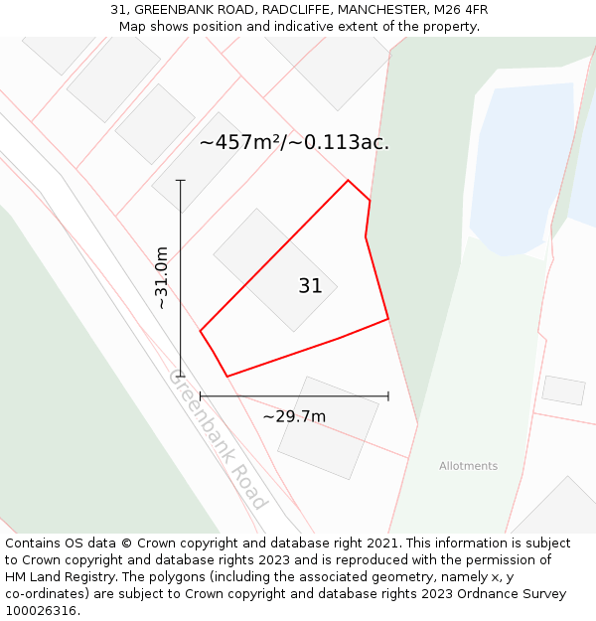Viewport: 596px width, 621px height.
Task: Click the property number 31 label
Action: [x=310, y=286]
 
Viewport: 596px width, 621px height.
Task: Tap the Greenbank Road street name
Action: [x=218, y=439]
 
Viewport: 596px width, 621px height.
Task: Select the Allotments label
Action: [x=468, y=466]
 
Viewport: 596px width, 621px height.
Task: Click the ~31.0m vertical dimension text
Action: [x=161, y=278]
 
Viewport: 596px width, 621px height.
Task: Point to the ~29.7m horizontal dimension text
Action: [x=294, y=416]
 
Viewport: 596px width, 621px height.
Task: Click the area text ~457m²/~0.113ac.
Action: [x=294, y=142]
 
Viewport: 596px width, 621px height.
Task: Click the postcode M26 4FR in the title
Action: [x=461, y=10]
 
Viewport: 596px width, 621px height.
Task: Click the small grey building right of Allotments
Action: [x=563, y=389]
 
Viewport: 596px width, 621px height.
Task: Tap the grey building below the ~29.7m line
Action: [x=328, y=427]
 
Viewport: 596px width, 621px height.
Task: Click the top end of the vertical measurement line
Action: [x=181, y=181]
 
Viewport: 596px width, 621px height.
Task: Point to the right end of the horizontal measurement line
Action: [x=387, y=396]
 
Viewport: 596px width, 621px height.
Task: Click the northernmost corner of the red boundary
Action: [x=348, y=180]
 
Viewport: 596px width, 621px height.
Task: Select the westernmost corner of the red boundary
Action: [x=201, y=331]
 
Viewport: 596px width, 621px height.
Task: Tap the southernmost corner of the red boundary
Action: [x=227, y=376]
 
